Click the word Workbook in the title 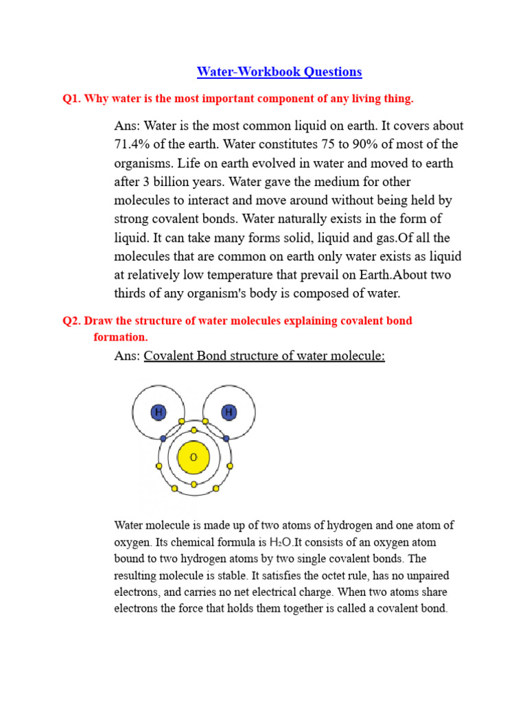click(x=266, y=71)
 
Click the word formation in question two click(x=120, y=337)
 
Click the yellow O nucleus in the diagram click(x=194, y=457)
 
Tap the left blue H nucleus click(x=159, y=412)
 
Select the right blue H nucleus click(x=229, y=412)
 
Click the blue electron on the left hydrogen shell click(x=163, y=438)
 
